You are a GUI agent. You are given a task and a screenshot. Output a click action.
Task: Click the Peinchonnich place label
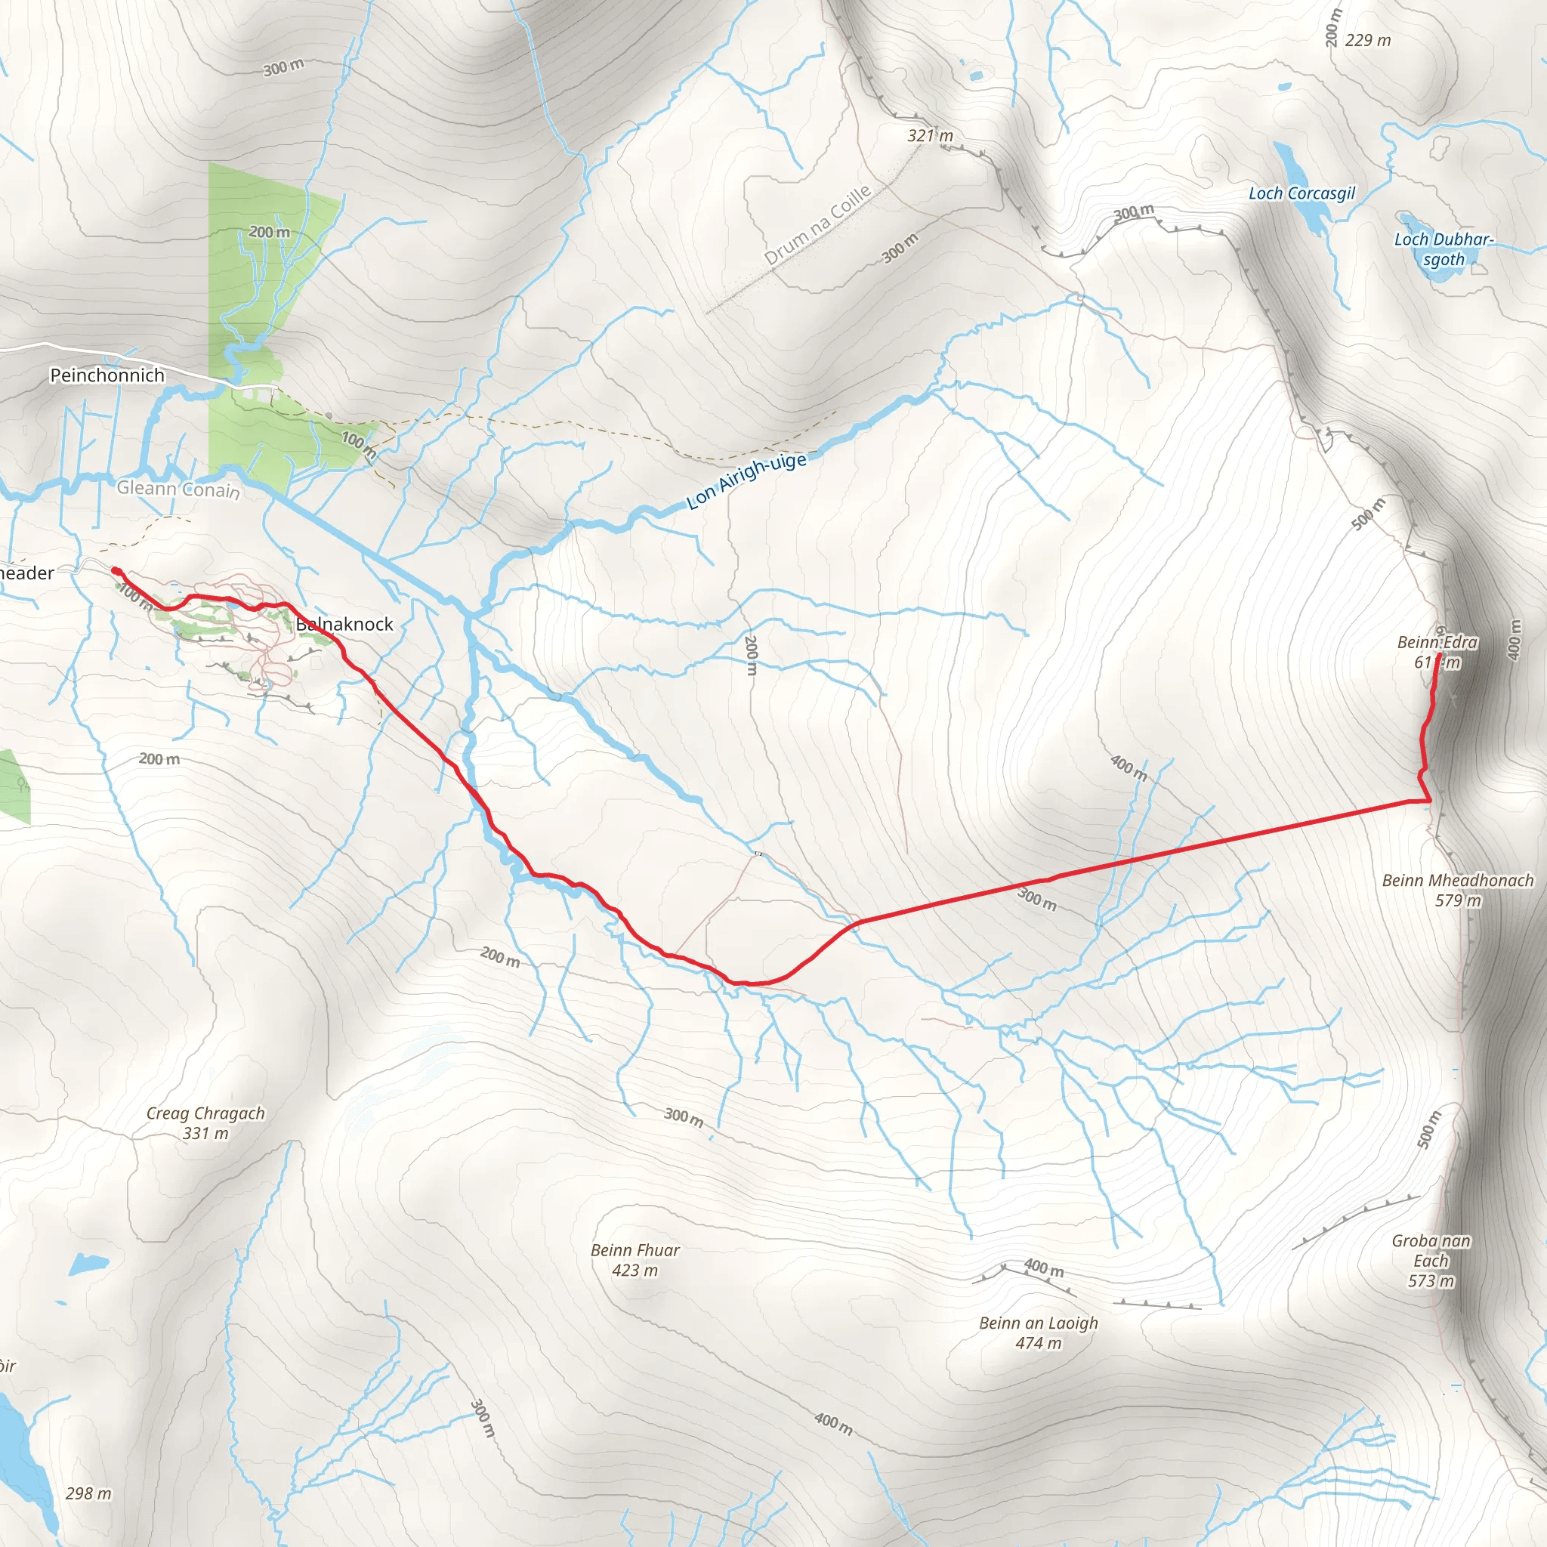(107, 375)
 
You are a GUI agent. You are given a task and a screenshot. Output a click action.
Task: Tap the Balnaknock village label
(344, 624)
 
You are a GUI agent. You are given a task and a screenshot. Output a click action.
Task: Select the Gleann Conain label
(178, 489)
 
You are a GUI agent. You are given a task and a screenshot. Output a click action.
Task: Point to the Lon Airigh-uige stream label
(746, 480)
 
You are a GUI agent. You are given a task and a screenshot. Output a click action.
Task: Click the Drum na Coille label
(817, 225)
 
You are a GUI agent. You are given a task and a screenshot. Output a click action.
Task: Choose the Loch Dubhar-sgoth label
(1444, 249)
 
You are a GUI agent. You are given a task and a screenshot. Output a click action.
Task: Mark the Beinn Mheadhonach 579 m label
(1458, 890)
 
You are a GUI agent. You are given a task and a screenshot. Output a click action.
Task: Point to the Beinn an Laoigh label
(1039, 1332)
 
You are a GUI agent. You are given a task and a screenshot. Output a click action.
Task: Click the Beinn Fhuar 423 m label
(635, 1259)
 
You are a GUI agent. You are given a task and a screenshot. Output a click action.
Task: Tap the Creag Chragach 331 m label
(205, 1122)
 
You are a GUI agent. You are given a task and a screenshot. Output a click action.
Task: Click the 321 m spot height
(930, 135)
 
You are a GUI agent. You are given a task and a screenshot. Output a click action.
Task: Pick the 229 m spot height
(1368, 40)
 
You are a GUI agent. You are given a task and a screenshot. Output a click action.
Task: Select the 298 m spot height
(88, 1493)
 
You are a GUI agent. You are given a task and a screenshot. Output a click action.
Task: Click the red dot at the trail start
(116, 571)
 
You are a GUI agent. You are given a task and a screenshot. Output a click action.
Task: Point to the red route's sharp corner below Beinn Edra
(1430, 800)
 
